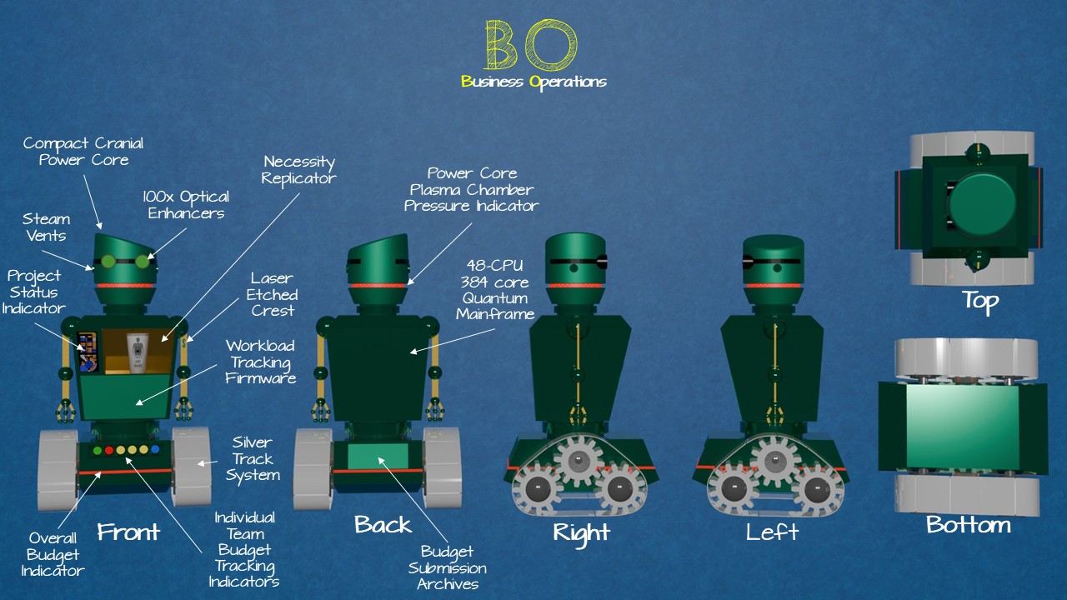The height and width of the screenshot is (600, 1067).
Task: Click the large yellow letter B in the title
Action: click(x=502, y=46)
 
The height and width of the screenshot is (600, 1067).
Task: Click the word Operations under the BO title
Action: click(x=569, y=82)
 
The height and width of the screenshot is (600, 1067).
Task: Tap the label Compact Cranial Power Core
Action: click(x=83, y=151)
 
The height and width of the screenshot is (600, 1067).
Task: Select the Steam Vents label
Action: click(x=47, y=227)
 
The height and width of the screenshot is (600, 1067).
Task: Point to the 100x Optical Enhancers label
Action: click(x=185, y=205)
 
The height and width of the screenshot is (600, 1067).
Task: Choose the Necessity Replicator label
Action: click(x=298, y=170)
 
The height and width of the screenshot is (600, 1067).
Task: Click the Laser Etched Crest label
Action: click(x=273, y=294)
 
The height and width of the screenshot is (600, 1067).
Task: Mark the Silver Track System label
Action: click(x=253, y=458)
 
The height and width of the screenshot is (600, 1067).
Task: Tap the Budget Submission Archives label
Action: click(x=447, y=567)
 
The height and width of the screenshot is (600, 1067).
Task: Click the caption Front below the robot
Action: click(x=128, y=532)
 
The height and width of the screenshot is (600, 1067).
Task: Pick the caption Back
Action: click(x=383, y=524)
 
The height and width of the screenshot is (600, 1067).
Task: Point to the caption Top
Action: click(x=979, y=301)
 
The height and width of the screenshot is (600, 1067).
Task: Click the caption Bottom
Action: click(x=968, y=525)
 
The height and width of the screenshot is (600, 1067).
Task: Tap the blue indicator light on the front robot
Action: click(x=155, y=450)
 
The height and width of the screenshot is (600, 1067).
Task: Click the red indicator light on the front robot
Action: click(x=108, y=451)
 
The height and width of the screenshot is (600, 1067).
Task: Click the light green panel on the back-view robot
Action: click(x=378, y=457)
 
